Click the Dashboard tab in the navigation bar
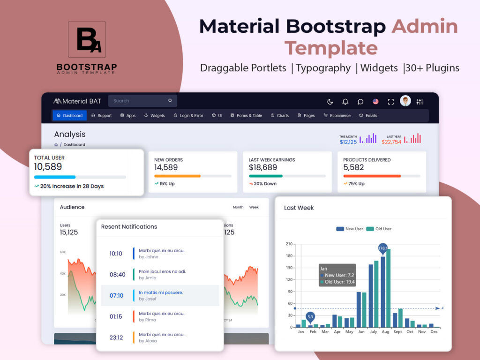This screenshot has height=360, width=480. pyautogui.click(x=69, y=115)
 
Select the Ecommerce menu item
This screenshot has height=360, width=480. pyautogui.click(x=337, y=115)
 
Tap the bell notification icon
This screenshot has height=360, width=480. pyautogui.click(x=345, y=101)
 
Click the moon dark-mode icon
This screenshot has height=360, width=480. pyautogui.click(x=330, y=101)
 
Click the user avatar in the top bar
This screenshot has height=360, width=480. pyautogui.click(x=405, y=101)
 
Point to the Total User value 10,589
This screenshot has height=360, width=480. pyautogui.click(x=48, y=167)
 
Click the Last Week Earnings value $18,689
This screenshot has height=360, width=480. pyautogui.click(x=262, y=167)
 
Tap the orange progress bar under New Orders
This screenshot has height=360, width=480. pyautogui.click(x=177, y=176)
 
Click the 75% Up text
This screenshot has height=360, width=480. pyautogui.click(x=357, y=184)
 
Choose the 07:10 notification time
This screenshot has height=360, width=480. pyautogui.click(x=116, y=296)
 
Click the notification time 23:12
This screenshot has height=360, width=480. pyautogui.click(x=116, y=337)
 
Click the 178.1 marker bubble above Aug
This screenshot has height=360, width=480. pyautogui.click(x=383, y=247)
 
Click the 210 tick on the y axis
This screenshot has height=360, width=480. pyautogui.click(x=289, y=244)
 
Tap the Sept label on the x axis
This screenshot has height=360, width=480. pyautogui.click(x=397, y=331)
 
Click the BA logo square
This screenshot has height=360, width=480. pyautogui.click(x=87, y=39)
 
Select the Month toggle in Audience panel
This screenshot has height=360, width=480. pyautogui.click(x=238, y=207)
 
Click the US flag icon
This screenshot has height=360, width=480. pyautogui.click(x=375, y=101)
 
